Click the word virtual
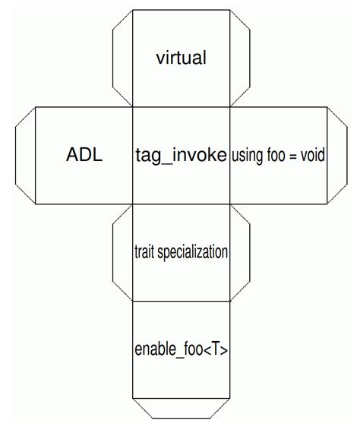pos(181,58)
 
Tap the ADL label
pos(84,155)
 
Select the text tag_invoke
pos(181,156)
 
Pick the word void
pos(314,156)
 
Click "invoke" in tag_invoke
pos(201,156)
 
